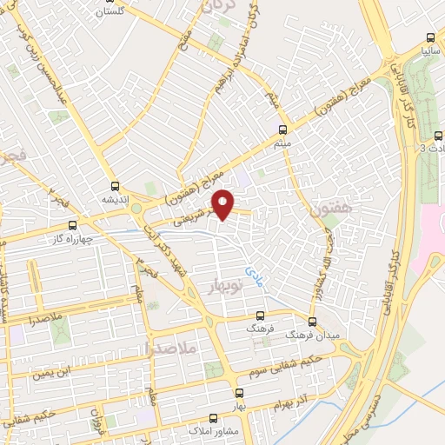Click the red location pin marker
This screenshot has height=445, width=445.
224,204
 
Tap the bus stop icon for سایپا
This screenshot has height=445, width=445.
428,37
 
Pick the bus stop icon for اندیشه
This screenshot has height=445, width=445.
116,184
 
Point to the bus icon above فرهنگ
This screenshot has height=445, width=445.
260,317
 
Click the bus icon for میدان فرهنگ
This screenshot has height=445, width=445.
311,322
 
